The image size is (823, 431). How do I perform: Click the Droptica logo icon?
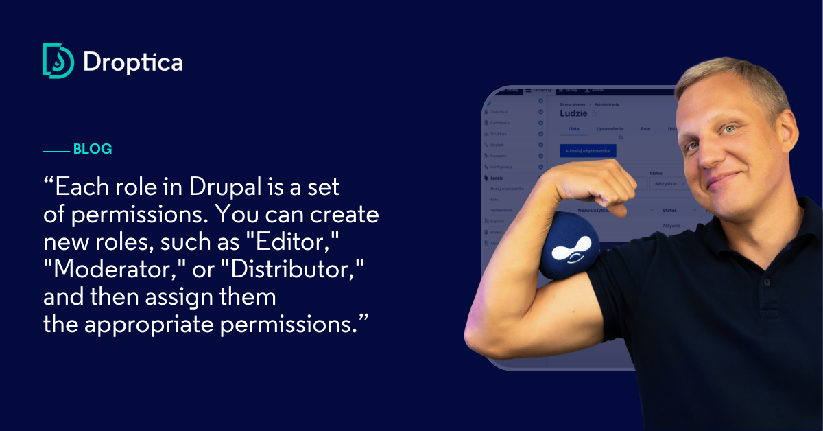click(58, 61)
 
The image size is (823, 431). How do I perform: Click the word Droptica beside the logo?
click(132, 62)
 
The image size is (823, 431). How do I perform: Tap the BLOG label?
click(92, 149)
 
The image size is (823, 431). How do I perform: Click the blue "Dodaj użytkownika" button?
click(588, 150)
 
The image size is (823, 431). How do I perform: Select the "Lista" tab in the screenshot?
click(574, 128)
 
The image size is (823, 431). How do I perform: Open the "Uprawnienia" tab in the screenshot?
click(610, 128)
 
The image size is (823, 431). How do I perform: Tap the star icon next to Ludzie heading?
click(595, 114)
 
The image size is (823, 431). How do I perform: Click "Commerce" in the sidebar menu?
click(503, 123)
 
